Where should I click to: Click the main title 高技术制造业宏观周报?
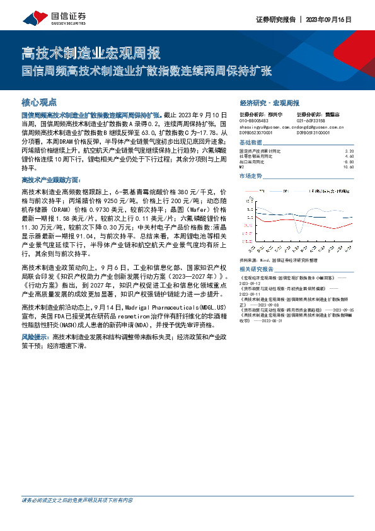(91, 52)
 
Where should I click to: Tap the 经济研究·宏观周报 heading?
(269, 102)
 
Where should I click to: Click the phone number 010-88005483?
(255, 121)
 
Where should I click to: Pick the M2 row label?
(242, 166)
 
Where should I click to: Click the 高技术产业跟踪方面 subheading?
(50, 180)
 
